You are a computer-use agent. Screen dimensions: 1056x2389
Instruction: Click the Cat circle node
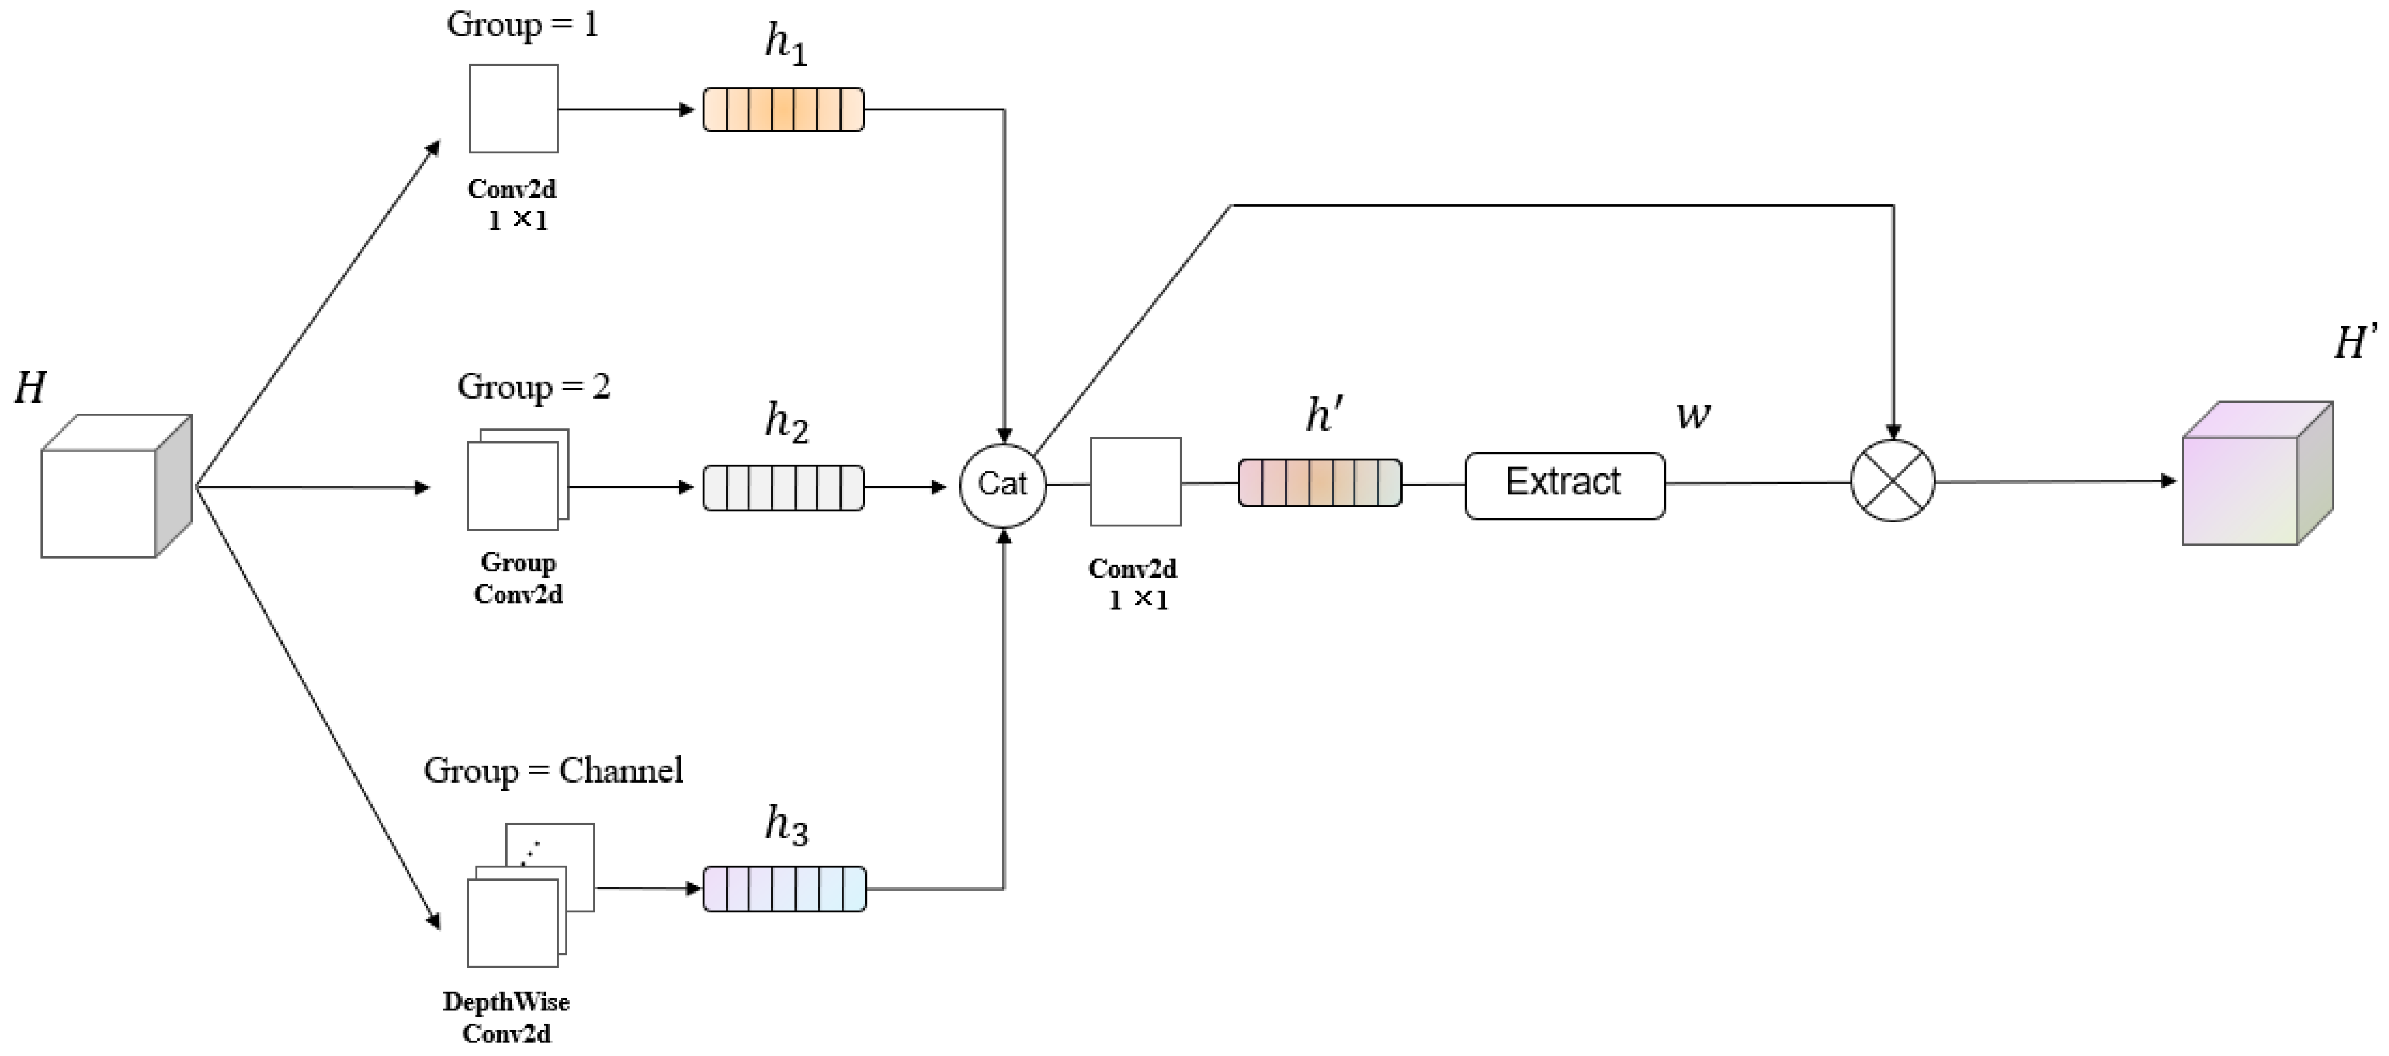click(1003, 484)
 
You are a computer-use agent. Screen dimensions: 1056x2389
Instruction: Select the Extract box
click(1565, 485)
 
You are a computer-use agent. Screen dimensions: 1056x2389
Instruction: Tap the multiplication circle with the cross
click(1892, 481)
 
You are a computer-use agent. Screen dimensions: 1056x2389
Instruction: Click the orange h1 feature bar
click(783, 109)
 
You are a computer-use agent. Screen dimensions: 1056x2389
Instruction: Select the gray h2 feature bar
click(783, 488)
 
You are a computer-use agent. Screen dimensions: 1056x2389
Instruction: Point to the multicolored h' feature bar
click(1320, 482)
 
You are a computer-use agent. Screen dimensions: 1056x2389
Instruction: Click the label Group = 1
click(522, 25)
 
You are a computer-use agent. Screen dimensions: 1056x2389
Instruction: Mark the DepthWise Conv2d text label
click(507, 1017)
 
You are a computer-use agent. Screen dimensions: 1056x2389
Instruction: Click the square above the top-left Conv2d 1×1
click(513, 108)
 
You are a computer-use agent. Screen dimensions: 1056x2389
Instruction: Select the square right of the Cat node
click(1135, 482)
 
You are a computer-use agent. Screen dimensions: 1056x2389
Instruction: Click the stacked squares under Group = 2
click(517, 480)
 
